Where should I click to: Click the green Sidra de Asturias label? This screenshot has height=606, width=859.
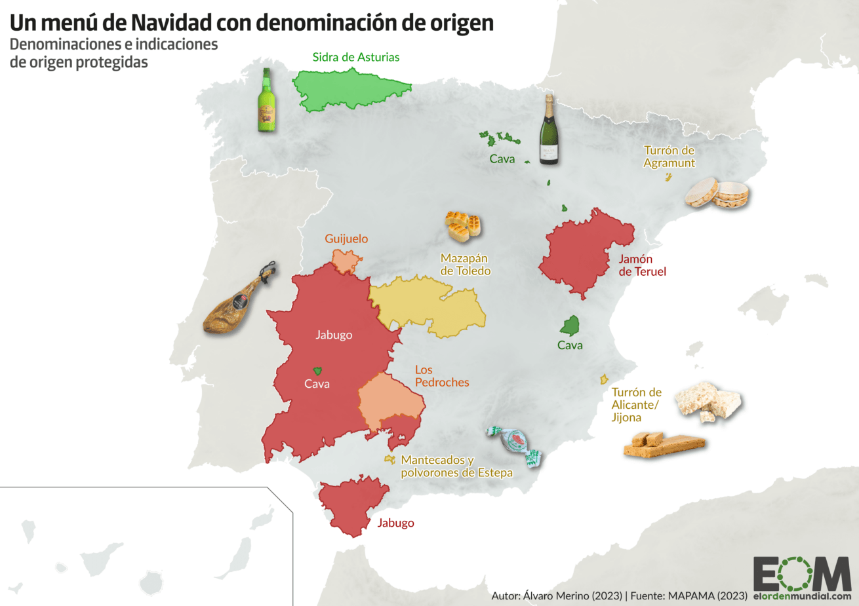click(x=355, y=57)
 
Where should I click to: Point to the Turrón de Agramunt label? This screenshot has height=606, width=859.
click(x=669, y=157)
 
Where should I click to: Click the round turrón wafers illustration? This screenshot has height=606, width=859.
click(x=717, y=193)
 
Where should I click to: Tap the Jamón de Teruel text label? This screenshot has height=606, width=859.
click(x=642, y=265)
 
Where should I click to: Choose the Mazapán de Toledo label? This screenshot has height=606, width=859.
click(x=465, y=265)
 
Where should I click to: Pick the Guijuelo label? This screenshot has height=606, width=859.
click(x=346, y=239)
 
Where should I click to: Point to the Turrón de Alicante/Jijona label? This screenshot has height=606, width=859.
click(x=636, y=405)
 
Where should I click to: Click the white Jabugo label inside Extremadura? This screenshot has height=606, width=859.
click(x=334, y=335)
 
